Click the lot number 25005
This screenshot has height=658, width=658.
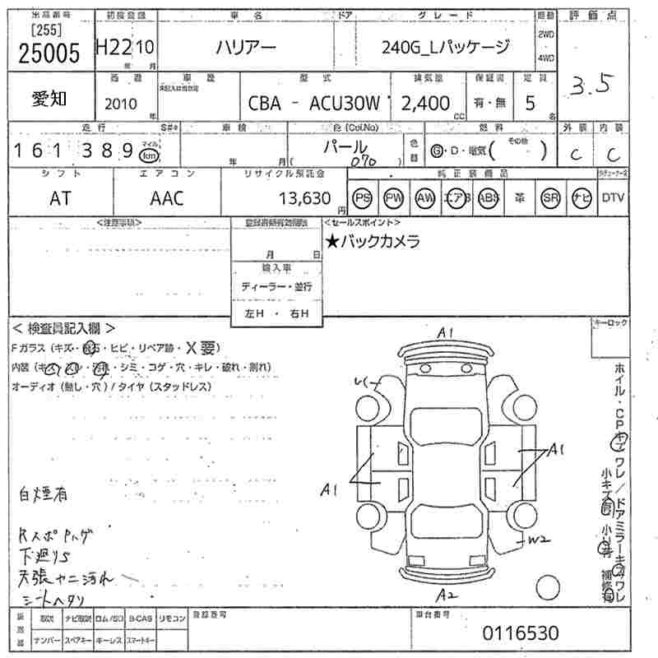tap(49, 53)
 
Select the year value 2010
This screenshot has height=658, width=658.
tap(121, 104)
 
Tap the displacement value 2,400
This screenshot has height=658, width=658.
tap(424, 104)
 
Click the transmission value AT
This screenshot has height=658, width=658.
tap(60, 198)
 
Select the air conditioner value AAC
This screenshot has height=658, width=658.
tap(167, 198)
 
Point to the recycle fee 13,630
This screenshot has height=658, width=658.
tap(305, 198)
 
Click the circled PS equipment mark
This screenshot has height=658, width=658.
tap(362, 198)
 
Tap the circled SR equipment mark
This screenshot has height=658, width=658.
tap(550, 198)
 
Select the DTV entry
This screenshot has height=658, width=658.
tap(613, 197)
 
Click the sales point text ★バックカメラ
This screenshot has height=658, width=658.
tap(373, 241)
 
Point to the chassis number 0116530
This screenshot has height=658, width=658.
tap(520, 633)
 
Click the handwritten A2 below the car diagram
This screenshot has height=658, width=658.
tap(447, 594)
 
